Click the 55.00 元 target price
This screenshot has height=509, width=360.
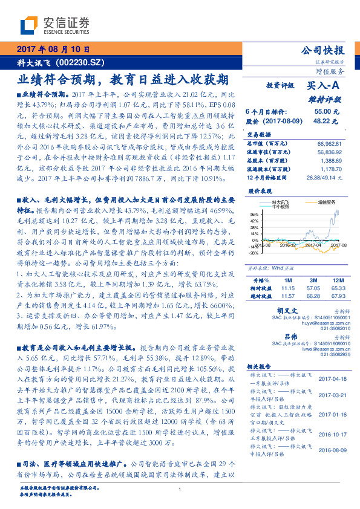pos(322,112)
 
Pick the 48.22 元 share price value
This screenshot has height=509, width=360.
pos(322,121)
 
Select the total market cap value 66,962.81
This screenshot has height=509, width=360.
pos(329,143)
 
